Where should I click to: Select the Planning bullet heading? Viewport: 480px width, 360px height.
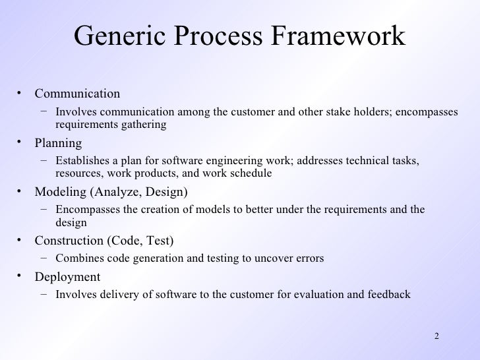coord(58,142)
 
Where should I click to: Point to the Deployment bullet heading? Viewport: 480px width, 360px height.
coord(67,276)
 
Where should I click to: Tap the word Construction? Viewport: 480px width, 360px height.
coord(70,241)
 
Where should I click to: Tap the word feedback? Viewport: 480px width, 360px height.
coord(388,294)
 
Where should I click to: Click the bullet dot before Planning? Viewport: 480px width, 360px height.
coord(21,142)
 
